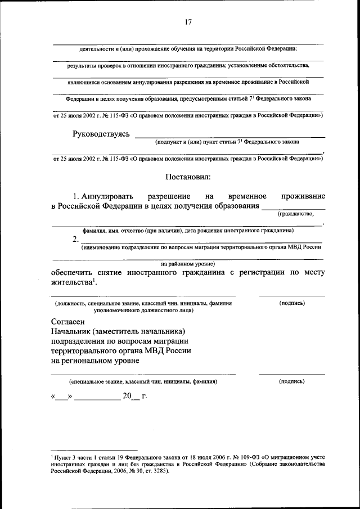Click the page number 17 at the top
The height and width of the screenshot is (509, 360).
(188, 22)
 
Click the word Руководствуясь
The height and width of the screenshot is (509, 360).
(101, 134)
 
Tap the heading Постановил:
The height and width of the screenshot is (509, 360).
(188, 177)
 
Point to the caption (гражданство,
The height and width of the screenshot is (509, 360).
(295, 214)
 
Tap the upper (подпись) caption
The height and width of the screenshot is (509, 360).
(292, 303)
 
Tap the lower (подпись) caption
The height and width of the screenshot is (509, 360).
(292, 381)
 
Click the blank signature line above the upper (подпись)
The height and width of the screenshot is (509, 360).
(292, 295)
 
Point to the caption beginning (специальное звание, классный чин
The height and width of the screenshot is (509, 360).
(143, 381)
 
